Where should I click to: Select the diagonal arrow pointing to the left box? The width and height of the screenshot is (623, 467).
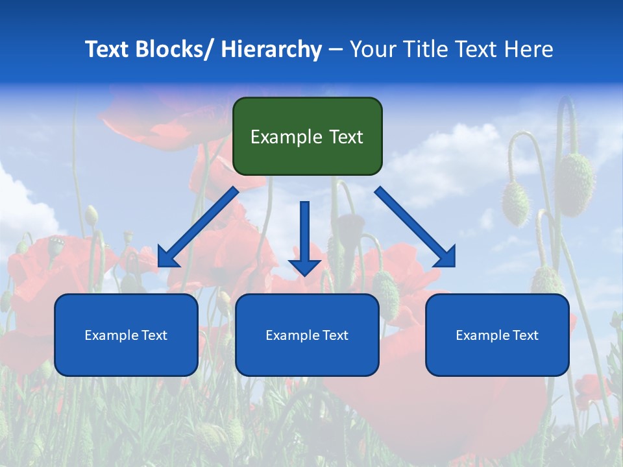click(x=198, y=227)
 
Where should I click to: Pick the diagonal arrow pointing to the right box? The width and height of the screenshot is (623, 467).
click(x=415, y=227)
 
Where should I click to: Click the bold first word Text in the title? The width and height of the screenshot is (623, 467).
click(x=108, y=49)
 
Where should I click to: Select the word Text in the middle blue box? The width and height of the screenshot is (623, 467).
click(x=334, y=335)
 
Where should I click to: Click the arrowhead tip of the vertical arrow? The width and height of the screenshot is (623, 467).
click(x=304, y=274)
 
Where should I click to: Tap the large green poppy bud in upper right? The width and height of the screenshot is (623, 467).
click(x=575, y=184)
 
